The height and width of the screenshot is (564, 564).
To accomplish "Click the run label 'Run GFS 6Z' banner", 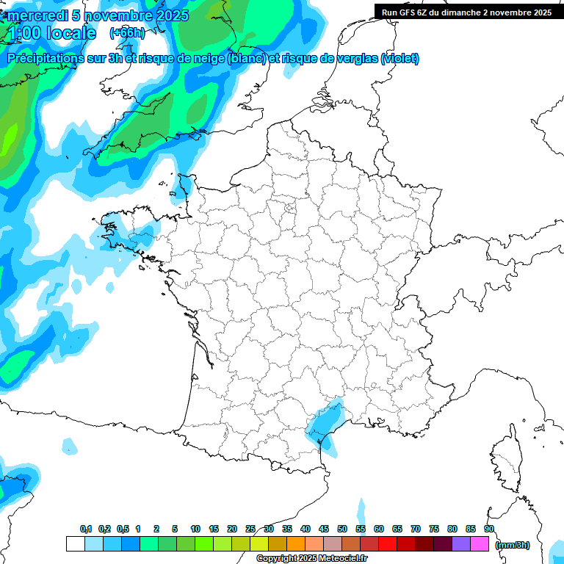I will pyautogui.click(x=466, y=12).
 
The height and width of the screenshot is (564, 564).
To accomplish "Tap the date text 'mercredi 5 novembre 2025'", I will pyautogui.click(x=98, y=15).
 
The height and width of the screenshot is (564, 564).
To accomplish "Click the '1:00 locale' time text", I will pyautogui.click(x=51, y=33).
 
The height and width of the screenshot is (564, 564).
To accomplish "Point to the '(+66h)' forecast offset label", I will pyautogui.click(x=127, y=32).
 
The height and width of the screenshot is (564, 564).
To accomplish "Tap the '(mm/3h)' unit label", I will pyautogui.click(x=513, y=544).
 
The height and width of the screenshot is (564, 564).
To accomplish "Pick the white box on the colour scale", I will pyautogui.click(x=75, y=544).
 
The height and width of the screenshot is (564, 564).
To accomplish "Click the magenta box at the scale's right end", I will pyautogui.click(x=480, y=544).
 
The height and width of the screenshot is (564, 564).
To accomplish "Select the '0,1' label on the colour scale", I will pyautogui.click(x=86, y=529).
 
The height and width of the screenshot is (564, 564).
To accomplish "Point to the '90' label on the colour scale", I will pyautogui.click(x=488, y=529).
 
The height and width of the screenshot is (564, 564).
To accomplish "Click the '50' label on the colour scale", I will pyautogui.click(x=342, y=529).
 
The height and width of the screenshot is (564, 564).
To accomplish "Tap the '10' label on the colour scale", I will pyautogui.click(x=195, y=529).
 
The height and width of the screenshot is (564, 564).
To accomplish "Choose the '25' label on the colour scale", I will pyautogui.click(x=250, y=529).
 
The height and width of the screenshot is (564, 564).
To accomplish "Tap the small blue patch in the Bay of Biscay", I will pyautogui.click(x=70, y=446).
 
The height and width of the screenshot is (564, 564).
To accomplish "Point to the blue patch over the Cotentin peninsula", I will pyautogui.click(x=184, y=187).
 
